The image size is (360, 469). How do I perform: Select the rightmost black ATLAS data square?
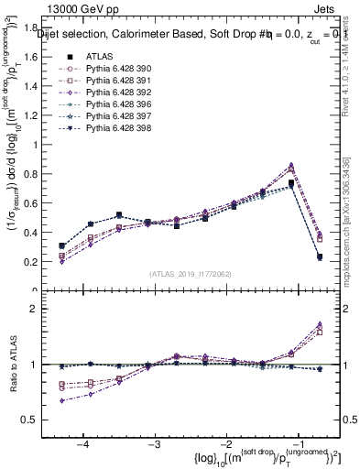point(320,257)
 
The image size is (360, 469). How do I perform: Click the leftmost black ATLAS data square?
point(61,245)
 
